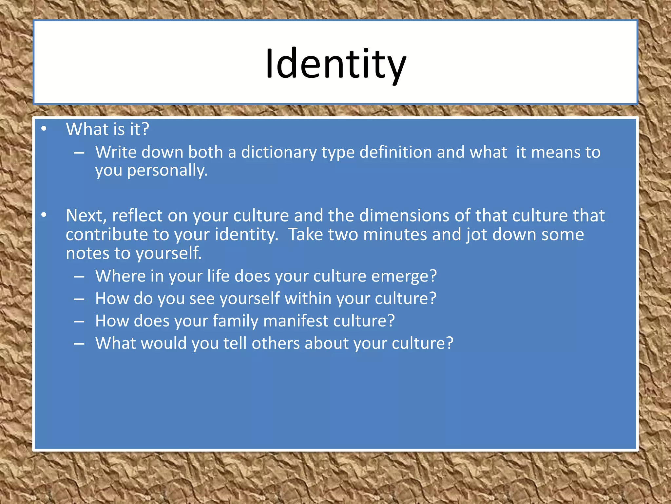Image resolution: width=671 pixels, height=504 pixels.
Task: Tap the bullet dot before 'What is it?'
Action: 44,129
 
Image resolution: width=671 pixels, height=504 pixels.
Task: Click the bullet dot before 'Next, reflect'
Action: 44,215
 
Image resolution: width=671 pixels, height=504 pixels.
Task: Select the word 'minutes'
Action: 395,235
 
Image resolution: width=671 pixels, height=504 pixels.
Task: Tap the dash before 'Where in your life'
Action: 79,277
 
